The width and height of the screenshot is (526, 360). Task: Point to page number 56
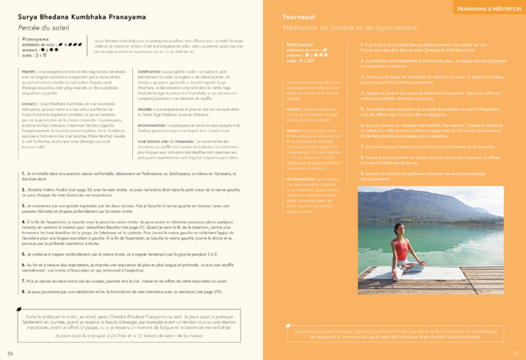point(10,353)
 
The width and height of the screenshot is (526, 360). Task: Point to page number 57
point(515,353)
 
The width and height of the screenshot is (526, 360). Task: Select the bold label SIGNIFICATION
point(151,70)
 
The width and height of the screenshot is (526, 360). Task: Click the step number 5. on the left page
point(23,253)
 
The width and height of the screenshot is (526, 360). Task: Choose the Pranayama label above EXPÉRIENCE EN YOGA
point(35,40)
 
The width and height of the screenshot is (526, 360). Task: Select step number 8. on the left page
point(23,292)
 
